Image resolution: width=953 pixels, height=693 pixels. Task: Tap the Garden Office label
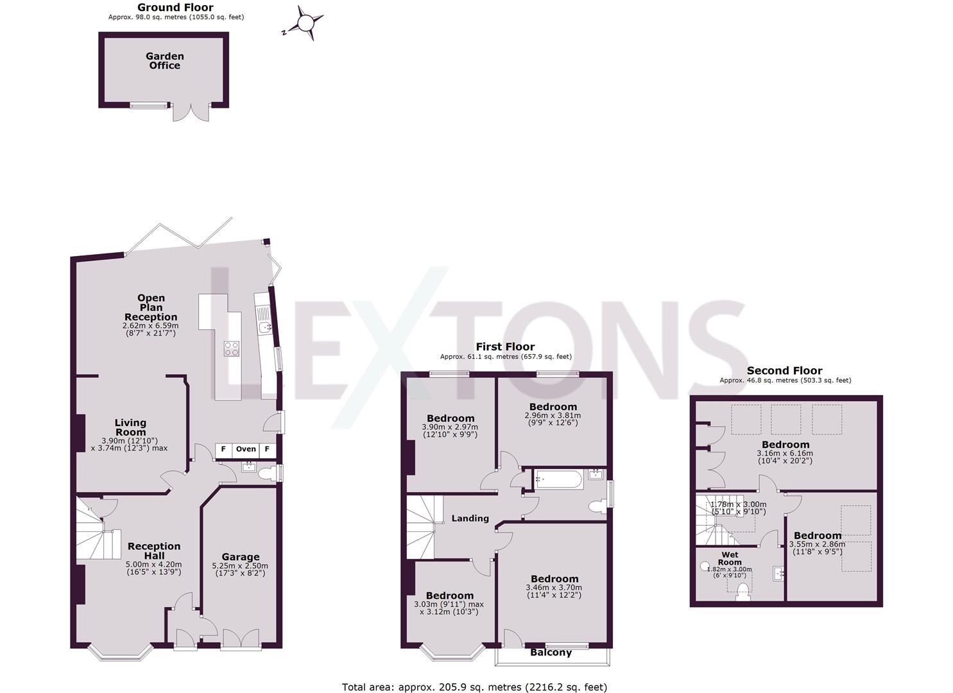tap(165, 61)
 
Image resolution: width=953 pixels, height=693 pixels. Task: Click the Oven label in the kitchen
tap(246, 449)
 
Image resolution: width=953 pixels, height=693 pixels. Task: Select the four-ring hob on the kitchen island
tap(231, 348)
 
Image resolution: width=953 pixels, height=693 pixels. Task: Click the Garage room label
tap(241, 557)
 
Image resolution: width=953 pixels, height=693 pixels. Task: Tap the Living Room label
tap(130, 427)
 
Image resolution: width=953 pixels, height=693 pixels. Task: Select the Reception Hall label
tap(154, 551)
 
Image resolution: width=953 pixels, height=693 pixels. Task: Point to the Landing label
tap(470, 518)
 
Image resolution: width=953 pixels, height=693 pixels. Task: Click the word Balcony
tap(551, 653)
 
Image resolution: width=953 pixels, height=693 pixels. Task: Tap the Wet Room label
tap(730, 558)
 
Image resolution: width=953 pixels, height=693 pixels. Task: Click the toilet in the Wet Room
tap(744, 592)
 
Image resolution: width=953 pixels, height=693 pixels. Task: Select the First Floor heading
tap(505, 347)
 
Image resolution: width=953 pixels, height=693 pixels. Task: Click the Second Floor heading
tap(784, 371)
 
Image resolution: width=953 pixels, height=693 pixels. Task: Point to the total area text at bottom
tap(474, 687)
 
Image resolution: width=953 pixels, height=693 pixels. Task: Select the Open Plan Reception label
tap(151, 307)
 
